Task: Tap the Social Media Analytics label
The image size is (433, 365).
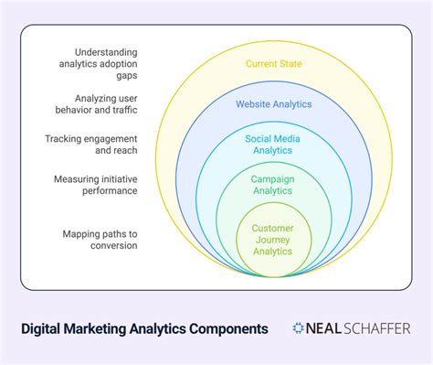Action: point(273,145)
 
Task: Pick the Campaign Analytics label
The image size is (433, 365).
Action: point(273,186)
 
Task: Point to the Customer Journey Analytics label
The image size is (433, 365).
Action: point(273,238)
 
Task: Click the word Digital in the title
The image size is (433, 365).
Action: point(44,327)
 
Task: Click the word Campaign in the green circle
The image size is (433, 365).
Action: point(273,179)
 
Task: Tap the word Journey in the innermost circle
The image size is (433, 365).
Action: point(273,238)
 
